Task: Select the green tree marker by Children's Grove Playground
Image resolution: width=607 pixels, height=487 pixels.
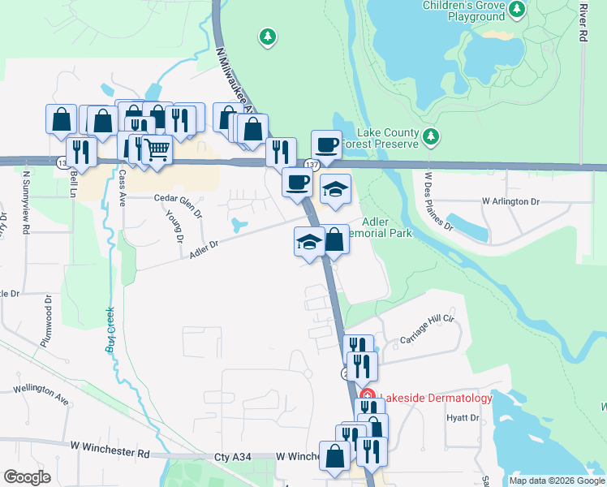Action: pos(517,10)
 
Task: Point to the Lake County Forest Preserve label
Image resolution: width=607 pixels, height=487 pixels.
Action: pos(380,139)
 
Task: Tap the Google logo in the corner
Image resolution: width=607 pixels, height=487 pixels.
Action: pos(27,477)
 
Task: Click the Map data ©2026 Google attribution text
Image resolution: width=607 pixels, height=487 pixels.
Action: pos(556,481)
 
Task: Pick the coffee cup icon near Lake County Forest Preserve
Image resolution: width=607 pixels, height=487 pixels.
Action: pos(325,144)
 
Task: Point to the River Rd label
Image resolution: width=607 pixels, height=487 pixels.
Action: pos(583,23)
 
